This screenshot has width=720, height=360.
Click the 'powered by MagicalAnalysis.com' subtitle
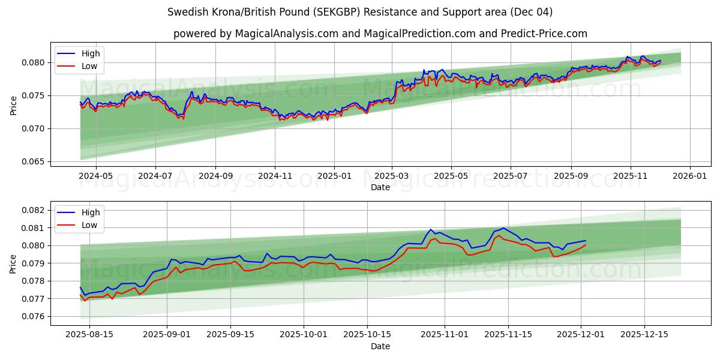(x=380, y=34)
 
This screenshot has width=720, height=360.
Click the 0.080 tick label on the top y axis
(x=34, y=62)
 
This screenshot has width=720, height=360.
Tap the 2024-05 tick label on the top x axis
(x=97, y=176)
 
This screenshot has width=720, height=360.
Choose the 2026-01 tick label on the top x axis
(x=689, y=176)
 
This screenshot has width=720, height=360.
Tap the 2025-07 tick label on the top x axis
(x=510, y=176)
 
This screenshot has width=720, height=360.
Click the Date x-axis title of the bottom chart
(x=380, y=346)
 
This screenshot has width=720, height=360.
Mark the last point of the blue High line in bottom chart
(x=586, y=241)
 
